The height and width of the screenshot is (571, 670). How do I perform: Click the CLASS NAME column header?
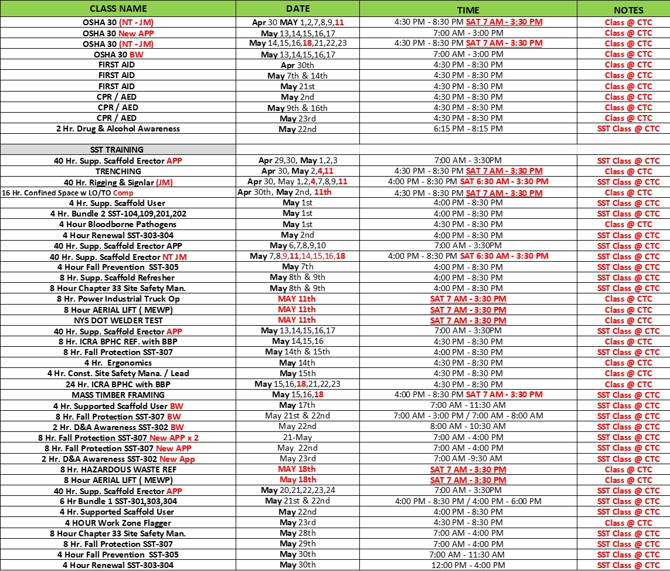(118, 9)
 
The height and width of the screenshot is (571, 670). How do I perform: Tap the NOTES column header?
(628, 10)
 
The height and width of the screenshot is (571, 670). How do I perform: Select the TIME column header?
(468, 10)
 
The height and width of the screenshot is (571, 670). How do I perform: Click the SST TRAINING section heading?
(117, 150)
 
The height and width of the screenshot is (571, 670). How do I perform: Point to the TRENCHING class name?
(118, 171)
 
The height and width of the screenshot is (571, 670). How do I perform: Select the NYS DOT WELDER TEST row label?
(118, 320)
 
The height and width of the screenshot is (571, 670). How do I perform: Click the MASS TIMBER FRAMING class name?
(118, 395)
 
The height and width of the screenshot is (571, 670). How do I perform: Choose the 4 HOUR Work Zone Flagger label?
(118, 523)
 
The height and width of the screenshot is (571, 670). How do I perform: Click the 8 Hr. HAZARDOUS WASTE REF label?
(118, 469)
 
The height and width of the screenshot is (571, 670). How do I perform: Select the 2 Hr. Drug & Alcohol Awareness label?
(118, 129)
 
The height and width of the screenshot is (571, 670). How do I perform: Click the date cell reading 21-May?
(297, 438)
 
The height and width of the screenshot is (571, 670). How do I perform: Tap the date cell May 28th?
(298, 533)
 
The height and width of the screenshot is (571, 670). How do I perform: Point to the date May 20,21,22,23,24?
(298, 491)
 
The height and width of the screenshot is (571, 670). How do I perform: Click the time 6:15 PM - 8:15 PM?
(468, 129)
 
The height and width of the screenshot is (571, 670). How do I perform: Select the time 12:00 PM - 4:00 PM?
(468, 565)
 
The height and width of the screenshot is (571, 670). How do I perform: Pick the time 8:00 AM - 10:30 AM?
(468, 427)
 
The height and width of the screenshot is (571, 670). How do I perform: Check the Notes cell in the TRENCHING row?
(628, 171)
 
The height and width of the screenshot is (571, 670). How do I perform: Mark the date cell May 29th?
(298, 544)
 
